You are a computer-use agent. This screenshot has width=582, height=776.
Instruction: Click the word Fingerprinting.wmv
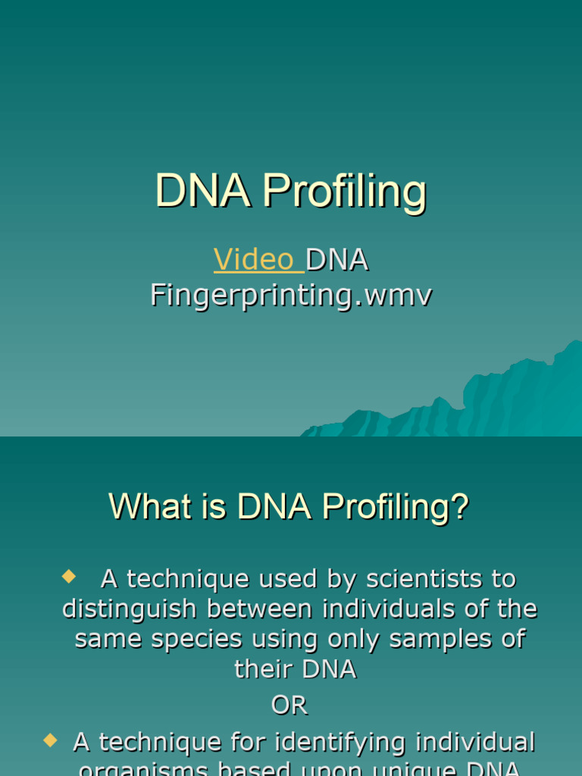click(x=291, y=295)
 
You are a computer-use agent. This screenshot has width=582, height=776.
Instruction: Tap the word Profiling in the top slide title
click(x=345, y=191)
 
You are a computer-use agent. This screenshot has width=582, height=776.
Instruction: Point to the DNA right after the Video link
click(x=337, y=260)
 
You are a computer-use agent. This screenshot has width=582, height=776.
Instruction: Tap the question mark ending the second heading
click(x=459, y=507)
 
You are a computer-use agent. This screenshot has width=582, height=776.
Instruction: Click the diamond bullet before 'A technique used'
click(x=69, y=577)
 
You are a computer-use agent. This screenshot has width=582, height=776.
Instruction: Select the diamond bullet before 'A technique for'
click(x=51, y=740)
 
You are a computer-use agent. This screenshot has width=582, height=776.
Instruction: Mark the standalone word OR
click(x=289, y=706)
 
